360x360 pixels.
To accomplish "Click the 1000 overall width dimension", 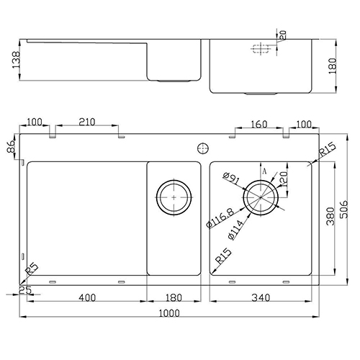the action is (169, 313).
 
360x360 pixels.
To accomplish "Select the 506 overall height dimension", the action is (344, 210).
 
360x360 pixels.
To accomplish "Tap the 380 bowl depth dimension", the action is (330, 216).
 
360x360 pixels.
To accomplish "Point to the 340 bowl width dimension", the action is (261, 298).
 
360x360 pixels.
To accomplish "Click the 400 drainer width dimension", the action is (87, 298).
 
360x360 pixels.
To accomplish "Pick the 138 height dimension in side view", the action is (17, 60).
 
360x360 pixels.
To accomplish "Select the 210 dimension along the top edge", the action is (87, 122).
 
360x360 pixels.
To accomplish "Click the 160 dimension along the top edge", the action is (259, 125).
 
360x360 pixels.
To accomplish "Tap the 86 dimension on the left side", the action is (11, 146).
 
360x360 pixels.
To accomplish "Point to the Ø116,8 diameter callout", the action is (220, 218).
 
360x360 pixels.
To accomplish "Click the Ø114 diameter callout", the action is (235, 230).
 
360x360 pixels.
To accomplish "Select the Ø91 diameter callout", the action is (231, 179).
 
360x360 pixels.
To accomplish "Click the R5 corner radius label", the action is (32, 269).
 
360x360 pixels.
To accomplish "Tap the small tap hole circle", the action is (203, 148).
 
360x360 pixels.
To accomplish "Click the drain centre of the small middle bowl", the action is (174, 197).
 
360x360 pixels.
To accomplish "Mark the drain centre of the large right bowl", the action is (261, 197).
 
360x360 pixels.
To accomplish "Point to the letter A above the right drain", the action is (264, 171).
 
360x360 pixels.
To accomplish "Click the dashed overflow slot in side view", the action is (261, 49).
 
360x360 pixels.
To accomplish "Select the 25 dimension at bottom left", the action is (25, 290).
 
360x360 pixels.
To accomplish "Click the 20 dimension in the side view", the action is (283, 35).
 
